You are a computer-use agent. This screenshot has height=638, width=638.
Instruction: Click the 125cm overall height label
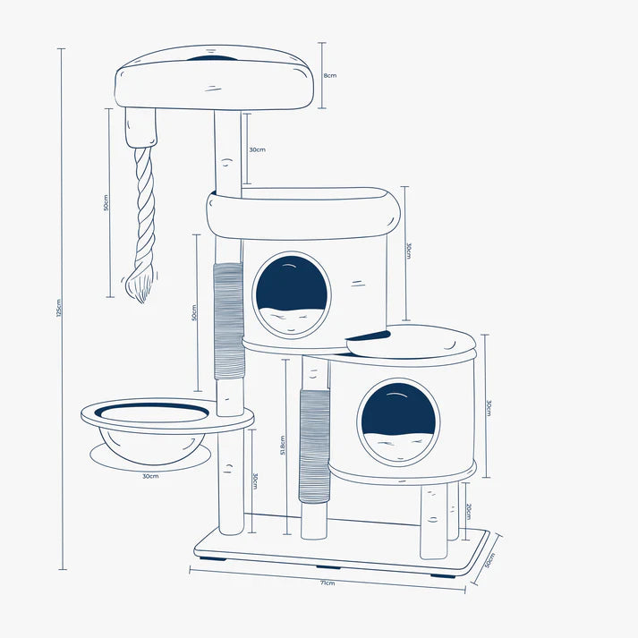56,309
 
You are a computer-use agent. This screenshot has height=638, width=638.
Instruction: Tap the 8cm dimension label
330,76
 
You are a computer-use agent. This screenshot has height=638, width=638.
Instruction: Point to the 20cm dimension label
467,512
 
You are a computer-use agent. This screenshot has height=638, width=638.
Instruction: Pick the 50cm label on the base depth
489,559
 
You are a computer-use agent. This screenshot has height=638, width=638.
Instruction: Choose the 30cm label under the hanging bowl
149,477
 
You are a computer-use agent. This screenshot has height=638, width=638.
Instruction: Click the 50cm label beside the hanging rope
106,202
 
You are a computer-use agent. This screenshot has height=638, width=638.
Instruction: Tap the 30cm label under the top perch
256,149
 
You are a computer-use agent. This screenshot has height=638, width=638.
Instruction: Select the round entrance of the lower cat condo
398,421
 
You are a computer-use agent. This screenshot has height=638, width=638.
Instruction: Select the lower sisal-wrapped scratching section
315,446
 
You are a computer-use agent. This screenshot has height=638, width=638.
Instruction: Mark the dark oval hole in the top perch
212,60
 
